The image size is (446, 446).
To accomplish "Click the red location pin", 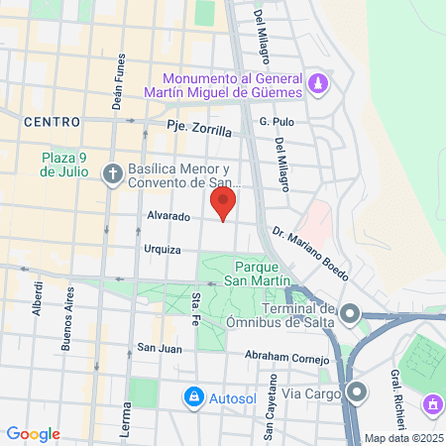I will pos(223,203).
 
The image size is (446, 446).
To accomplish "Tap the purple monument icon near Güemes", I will pos(316,82).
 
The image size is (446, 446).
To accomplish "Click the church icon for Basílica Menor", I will pos(112,172).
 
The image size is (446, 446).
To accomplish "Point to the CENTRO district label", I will pos(51,122).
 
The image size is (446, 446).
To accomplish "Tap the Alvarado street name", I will pos(168,214).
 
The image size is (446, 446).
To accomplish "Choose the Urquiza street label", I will pos(162,249).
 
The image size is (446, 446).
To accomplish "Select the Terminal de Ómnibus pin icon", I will pos(349,313).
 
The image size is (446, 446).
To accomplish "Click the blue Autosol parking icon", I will pos(194,397).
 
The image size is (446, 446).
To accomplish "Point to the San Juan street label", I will pos(159,348).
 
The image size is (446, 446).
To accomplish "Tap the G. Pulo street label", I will pos(278,121).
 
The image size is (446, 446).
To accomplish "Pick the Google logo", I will pos(33,434).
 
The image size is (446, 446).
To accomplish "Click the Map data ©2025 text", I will pos(404,438).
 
